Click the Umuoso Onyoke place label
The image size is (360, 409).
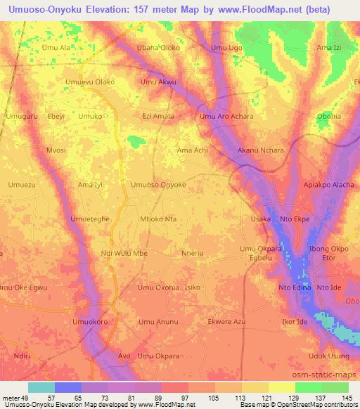tap(159, 184)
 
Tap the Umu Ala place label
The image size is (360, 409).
tap(57, 48)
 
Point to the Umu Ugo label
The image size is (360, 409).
tap(227, 48)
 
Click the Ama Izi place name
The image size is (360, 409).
tap(329, 48)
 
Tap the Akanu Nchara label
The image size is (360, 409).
tap(261, 150)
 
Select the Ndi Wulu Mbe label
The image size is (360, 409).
tap(124, 253)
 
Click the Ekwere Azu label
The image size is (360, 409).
tap(226, 322)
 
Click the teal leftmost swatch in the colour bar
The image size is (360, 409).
tap(41, 387)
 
